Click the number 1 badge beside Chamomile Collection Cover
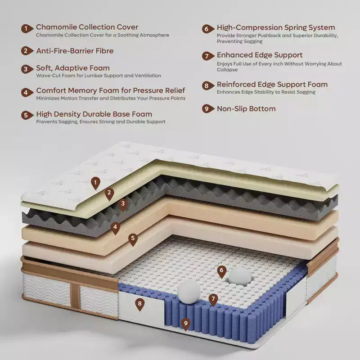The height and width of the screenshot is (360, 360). pyautogui.click(x=27, y=28)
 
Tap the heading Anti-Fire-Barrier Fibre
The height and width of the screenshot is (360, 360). pyautogui.click(x=75, y=51)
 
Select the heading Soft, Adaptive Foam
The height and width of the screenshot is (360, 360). pyautogui.click(x=73, y=68)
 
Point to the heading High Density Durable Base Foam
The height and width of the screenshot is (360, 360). pyautogui.click(x=94, y=114)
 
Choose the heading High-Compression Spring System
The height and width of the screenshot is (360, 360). pyautogui.click(x=276, y=27)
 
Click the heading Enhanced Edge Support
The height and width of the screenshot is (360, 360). pyautogui.click(x=260, y=55)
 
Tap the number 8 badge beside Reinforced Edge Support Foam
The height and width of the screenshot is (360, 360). pyautogui.click(x=207, y=85)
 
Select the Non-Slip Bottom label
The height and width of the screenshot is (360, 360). pyautogui.click(x=246, y=108)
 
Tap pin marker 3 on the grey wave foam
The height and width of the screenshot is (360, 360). pyautogui.click(x=123, y=204)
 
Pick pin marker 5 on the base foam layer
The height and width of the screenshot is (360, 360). pyautogui.click(x=133, y=239)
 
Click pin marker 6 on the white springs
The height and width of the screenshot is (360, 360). pyautogui.click(x=221, y=271)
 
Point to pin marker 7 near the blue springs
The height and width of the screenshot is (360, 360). pyautogui.click(x=213, y=300)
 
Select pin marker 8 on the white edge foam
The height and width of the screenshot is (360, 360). pyautogui.click(x=140, y=305)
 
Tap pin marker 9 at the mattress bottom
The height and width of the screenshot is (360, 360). pyautogui.click(x=185, y=324)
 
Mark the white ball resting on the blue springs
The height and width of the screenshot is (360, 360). pyautogui.click(x=189, y=292)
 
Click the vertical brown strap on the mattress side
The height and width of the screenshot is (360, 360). pyautogui.click(x=75, y=296)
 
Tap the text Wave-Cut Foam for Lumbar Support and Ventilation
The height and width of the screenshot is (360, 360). pyautogui.click(x=99, y=76)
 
